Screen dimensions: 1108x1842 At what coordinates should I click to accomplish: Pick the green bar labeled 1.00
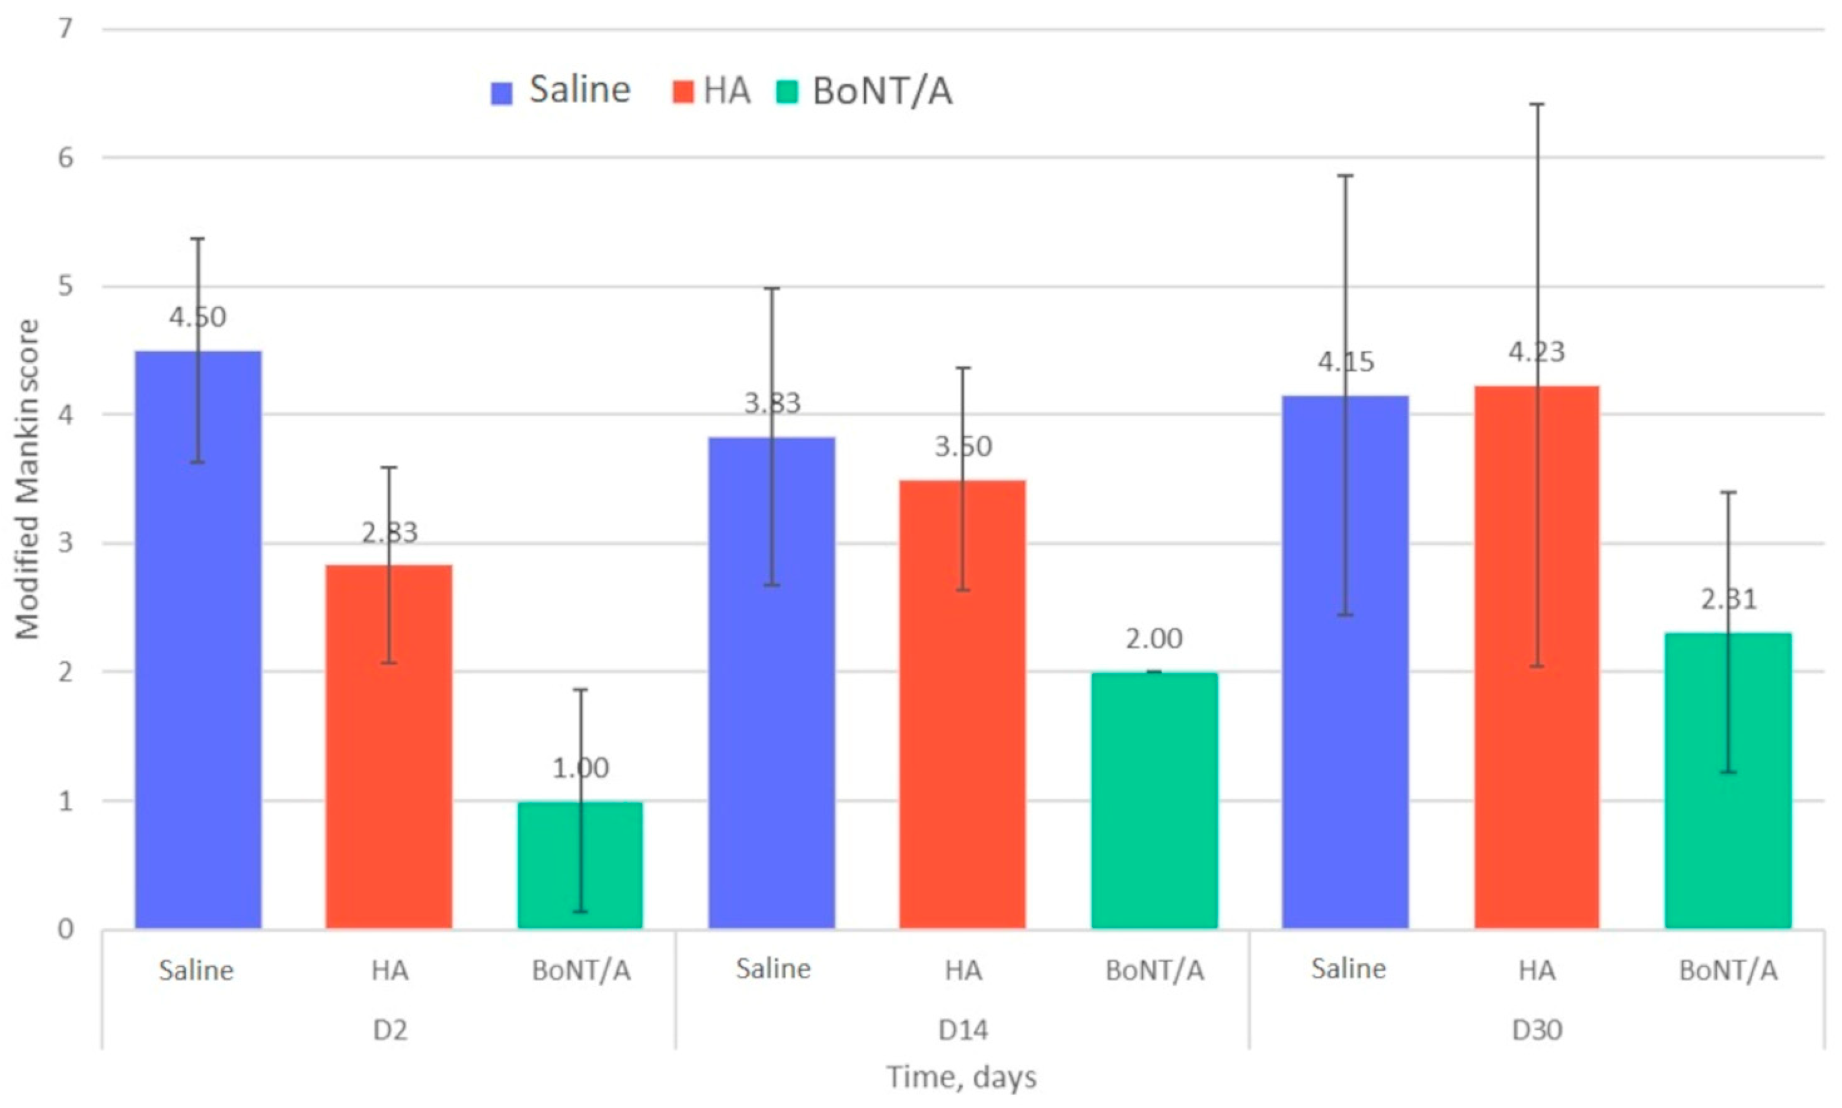click(x=580, y=866)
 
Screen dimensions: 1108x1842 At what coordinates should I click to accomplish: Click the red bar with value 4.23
click(x=1537, y=657)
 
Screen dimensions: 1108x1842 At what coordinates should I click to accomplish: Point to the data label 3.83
click(x=772, y=404)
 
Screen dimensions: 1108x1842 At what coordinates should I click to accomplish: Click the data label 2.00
click(x=1154, y=639)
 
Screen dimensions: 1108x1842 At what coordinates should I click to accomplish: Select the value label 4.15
click(x=1345, y=362)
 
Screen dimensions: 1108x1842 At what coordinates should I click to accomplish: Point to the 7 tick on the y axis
click(x=66, y=29)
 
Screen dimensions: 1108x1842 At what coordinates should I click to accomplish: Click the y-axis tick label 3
click(x=66, y=543)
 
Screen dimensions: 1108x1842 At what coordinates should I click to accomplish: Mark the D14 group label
click(x=962, y=1030)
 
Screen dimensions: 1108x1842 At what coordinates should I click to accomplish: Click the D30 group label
click(x=1537, y=1030)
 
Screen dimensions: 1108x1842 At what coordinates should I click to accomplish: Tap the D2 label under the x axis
click(x=390, y=1030)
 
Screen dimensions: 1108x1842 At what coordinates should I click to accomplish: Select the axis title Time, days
click(x=962, y=1077)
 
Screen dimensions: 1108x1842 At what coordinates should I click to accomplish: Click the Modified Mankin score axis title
click(x=28, y=480)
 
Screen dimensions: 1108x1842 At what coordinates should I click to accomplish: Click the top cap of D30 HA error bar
click(x=1537, y=104)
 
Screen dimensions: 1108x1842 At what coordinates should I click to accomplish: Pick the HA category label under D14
click(x=962, y=970)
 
